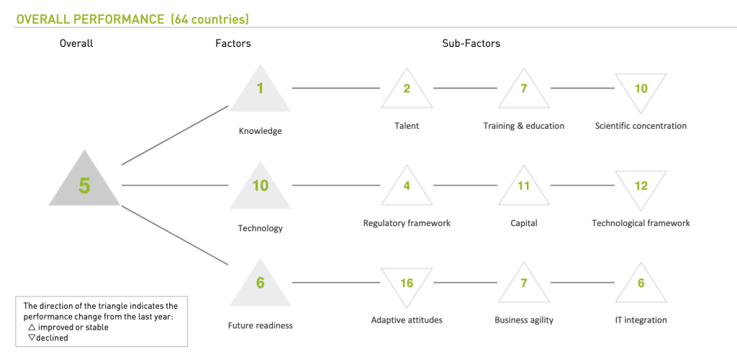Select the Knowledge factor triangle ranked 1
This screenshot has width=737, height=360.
click(261, 91)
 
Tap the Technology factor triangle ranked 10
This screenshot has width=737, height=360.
click(261, 188)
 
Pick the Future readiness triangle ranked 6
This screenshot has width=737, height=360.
click(261, 285)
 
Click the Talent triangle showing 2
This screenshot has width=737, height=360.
click(407, 91)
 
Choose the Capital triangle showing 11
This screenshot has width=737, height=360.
click(524, 188)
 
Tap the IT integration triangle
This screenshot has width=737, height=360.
click(641, 285)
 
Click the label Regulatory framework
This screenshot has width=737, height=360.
click(407, 223)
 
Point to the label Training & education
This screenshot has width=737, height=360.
click(524, 126)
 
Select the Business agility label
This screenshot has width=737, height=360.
click(524, 320)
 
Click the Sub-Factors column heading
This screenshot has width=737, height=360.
click(471, 43)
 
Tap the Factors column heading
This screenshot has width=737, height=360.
click(233, 43)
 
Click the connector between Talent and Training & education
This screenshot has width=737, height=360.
click(465, 88)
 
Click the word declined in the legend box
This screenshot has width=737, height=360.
click(52, 337)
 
